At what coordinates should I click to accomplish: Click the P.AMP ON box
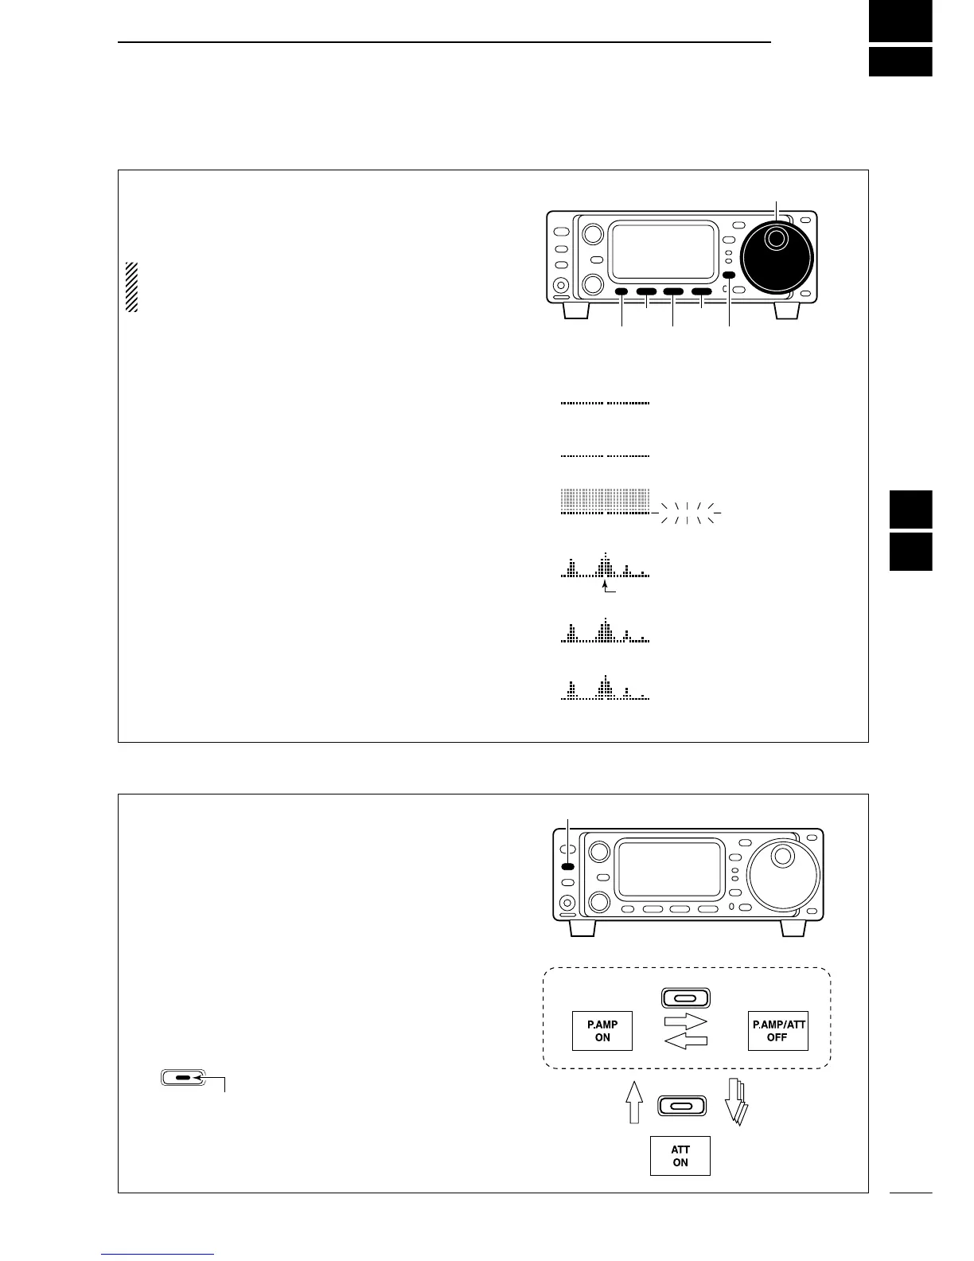click(x=602, y=1031)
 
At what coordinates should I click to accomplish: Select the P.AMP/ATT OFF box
click(x=777, y=1031)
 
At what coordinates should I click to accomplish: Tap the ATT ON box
click(x=680, y=1156)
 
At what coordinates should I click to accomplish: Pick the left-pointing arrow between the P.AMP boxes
click(x=684, y=1041)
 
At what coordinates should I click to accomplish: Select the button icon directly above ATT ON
click(x=681, y=1106)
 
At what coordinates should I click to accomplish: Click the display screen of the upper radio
click(x=662, y=252)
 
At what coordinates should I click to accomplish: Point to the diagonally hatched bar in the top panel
click(x=132, y=287)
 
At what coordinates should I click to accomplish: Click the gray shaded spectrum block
click(x=606, y=498)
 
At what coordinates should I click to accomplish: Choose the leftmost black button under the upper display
click(x=621, y=292)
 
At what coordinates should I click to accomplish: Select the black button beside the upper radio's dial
click(x=730, y=276)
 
